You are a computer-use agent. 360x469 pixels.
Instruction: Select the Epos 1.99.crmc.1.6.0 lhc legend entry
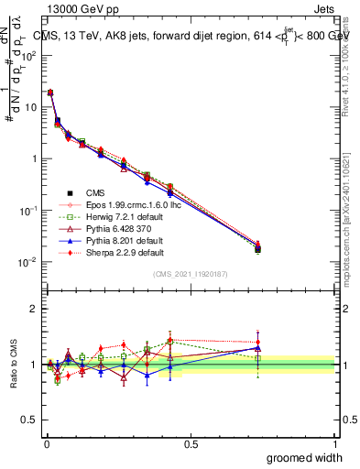click(x=129, y=204)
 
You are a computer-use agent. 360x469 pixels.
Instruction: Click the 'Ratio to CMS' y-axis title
click(x=14, y=364)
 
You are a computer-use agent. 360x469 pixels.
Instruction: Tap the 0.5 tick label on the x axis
click(x=190, y=443)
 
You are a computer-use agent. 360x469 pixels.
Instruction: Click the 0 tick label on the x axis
click(x=46, y=443)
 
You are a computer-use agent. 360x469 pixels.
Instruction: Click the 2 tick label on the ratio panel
click(x=34, y=309)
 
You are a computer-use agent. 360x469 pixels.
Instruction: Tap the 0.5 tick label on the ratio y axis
click(x=29, y=420)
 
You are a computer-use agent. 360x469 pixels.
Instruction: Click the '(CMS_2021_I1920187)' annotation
click(x=190, y=274)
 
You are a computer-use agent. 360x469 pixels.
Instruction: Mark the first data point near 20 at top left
click(x=49, y=93)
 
